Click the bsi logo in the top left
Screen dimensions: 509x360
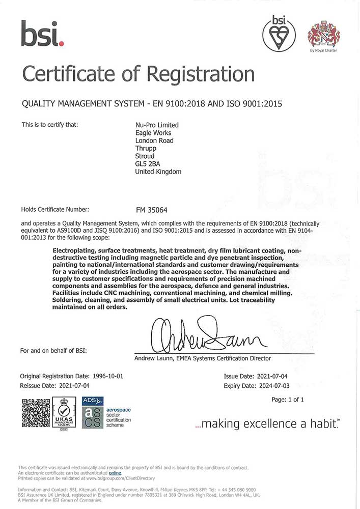tap(42, 33)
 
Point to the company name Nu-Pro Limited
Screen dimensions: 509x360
tap(157, 125)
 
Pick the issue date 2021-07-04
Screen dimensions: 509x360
tap(277, 376)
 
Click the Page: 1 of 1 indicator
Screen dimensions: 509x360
tap(288, 400)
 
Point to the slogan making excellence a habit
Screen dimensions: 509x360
tap(268, 423)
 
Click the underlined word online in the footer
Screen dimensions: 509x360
tap(115, 473)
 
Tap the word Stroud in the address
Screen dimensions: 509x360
tap(145, 156)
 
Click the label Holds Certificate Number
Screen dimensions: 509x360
tap(55, 209)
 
